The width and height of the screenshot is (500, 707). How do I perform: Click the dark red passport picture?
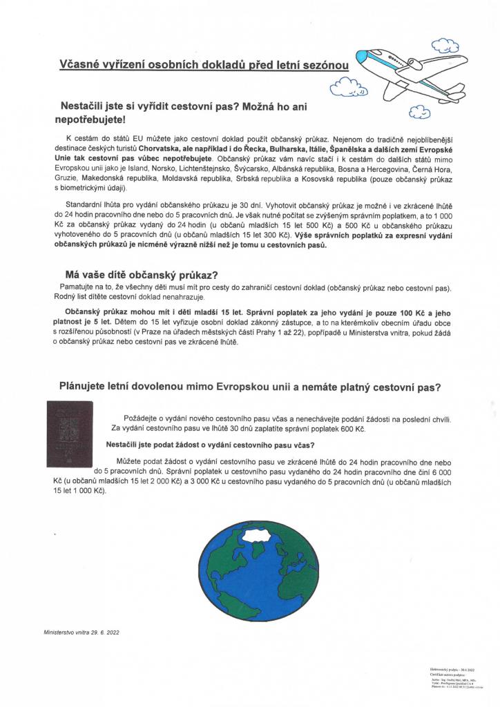pos(69,434)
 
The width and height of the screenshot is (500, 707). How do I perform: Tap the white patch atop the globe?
pos(256,532)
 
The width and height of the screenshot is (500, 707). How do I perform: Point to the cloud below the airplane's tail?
pos(420,110)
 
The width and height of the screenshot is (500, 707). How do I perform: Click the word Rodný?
pos(64,296)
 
